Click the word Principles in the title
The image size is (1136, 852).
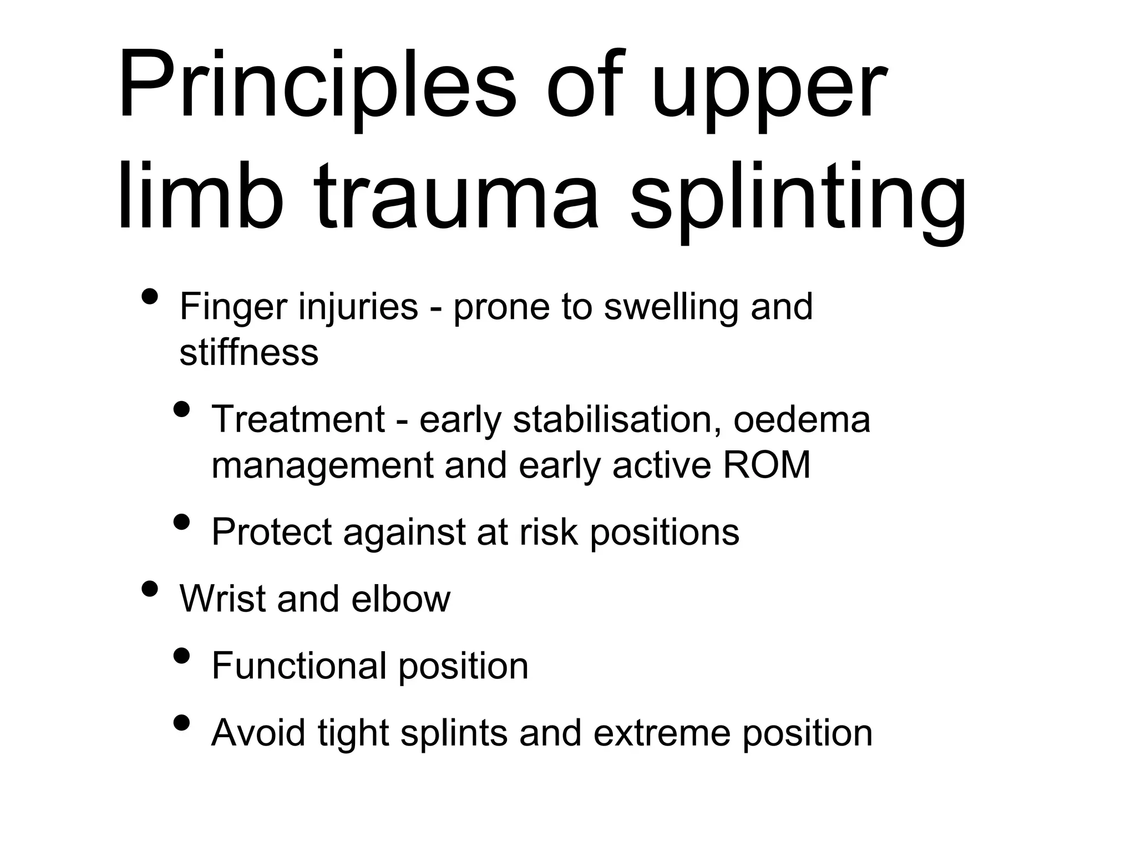coord(316,86)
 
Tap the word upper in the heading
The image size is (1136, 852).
coord(768,92)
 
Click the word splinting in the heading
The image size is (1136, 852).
coord(799,197)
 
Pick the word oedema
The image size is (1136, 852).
coord(802,420)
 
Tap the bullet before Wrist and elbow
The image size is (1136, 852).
coord(149,588)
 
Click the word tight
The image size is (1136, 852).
coord(353,733)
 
